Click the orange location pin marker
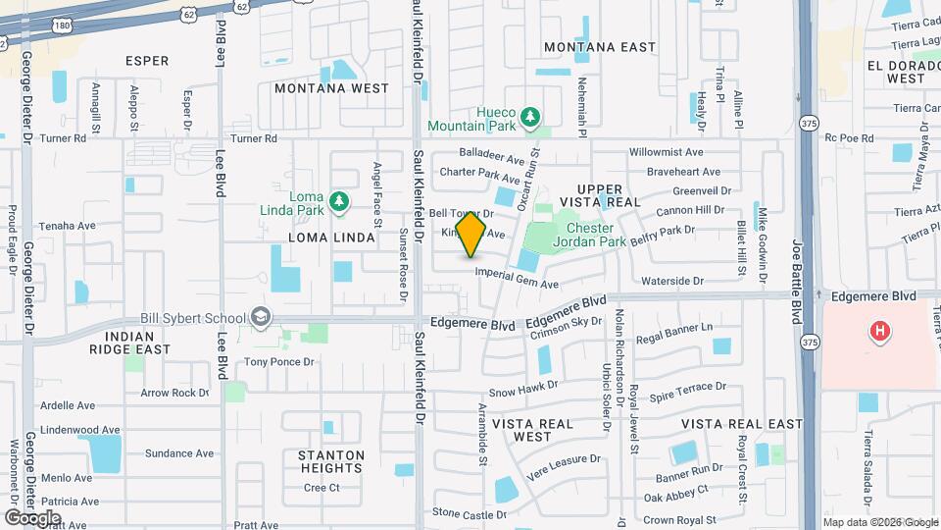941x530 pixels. [471, 234]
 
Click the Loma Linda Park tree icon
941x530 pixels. [339, 201]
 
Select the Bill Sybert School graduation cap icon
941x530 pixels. [260, 317]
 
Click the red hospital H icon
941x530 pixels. [880, 331]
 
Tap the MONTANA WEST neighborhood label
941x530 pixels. [331, 88]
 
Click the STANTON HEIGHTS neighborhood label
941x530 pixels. [331, 462]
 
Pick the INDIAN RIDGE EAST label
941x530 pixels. [130, 343]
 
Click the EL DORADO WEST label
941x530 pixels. [896, 72]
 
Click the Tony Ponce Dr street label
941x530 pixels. [278, 362]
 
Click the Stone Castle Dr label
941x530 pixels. [470, 513]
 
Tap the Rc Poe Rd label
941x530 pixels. [849, 138]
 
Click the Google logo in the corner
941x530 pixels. [32, 517]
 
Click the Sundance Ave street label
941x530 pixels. [179, 453]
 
